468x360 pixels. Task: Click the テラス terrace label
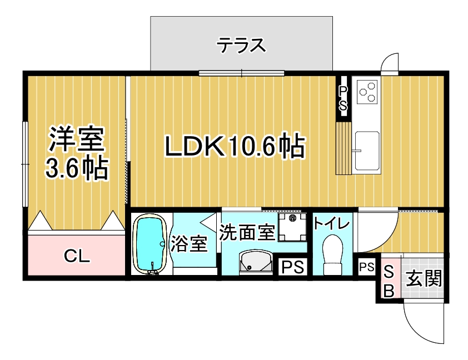tap(241, 46)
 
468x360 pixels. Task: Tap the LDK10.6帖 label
tap(235, 147)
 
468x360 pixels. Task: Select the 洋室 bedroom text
tap(77, 139)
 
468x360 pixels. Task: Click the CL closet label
tap(77, 256)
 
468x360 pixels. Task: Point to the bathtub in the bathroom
tap(150, 244)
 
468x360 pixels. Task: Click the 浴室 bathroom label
tap(189, 244)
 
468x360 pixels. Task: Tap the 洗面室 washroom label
tap(247, 232)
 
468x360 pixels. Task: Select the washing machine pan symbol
tap(292, 227)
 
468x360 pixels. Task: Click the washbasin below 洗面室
tap(256, 262)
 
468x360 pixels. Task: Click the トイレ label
tap(331, 224)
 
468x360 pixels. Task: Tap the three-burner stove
tap(367, 92)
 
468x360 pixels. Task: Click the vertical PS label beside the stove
tap(343, 98)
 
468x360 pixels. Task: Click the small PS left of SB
tap(366, 267)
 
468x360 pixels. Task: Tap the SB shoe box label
tap(389, 281)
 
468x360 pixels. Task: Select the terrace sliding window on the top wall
tap(241, 73)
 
